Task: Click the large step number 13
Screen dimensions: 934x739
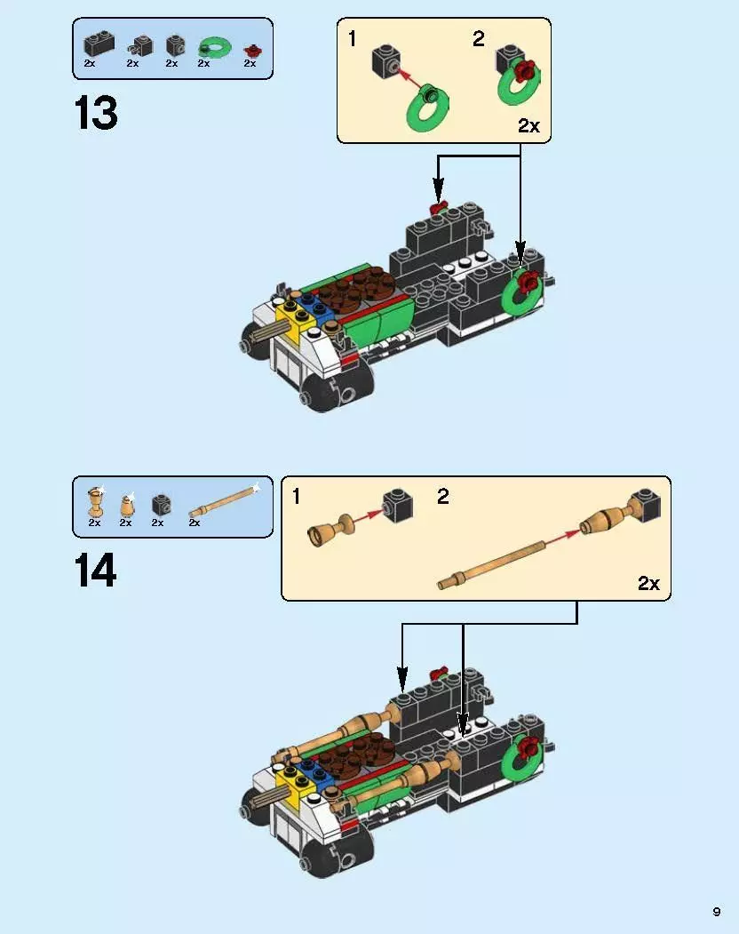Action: [x=96, y=114]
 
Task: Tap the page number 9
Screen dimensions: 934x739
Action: [x=716, y=911]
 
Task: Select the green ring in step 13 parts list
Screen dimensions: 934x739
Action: [x=213, y=46]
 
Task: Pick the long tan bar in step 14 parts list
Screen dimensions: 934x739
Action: [x=222, y=502]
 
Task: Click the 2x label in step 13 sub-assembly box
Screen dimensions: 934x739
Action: [x=528, y=126]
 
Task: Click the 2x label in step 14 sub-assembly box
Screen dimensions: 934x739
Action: [x=648, y=583]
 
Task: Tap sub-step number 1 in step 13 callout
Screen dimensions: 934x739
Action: [x=353, y=39]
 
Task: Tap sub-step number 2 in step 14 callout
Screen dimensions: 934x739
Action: [x=442, y=497]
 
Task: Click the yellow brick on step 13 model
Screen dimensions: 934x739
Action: [x=290, y=313]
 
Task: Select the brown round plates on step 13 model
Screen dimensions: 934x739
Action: [x=351, y=291]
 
